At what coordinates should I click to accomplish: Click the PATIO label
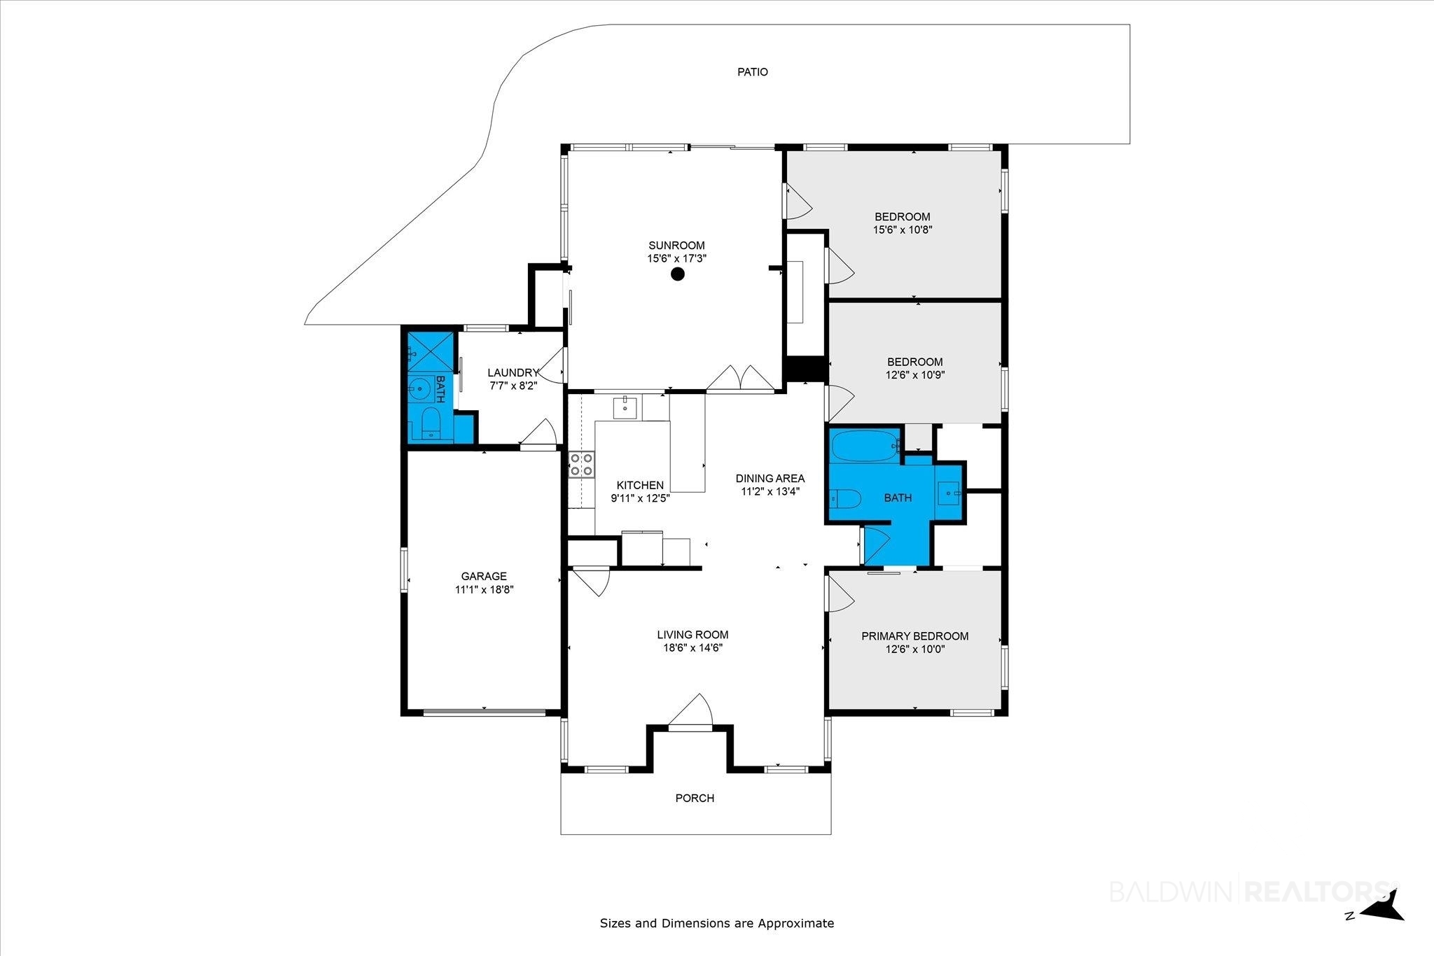(753, 71)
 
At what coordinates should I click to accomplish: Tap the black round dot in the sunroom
(677, 274)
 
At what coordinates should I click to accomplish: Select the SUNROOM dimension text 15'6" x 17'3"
(676, 258)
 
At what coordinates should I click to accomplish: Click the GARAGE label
(484, 576)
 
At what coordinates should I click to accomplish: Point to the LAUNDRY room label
(513, 373)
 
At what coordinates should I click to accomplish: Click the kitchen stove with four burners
(582, 465)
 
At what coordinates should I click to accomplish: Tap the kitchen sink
(625, 406)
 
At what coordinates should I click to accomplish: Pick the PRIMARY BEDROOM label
(914, 636)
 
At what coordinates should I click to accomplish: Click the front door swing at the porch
(690, 710)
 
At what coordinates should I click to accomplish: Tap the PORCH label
(695, 798)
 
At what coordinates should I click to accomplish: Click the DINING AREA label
(770, 479)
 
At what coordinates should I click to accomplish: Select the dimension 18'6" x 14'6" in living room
(692, 648)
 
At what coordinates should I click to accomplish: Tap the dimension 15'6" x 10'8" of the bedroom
(903, 230)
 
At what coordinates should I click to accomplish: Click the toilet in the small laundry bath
(430, 424)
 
